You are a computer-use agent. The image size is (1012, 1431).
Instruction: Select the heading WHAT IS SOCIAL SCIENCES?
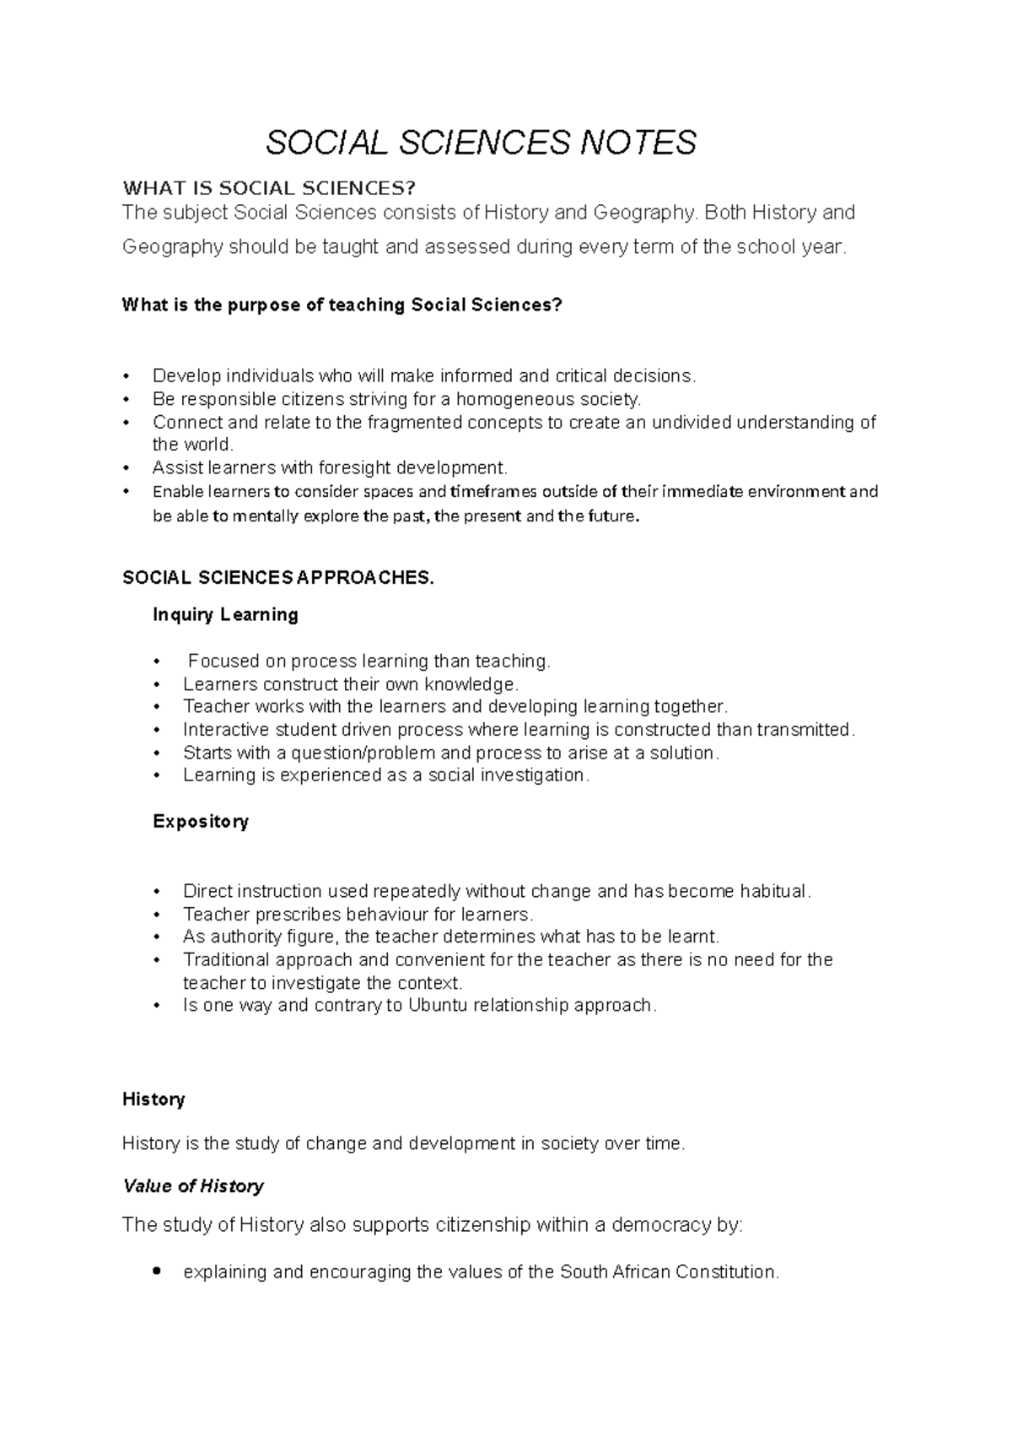269,187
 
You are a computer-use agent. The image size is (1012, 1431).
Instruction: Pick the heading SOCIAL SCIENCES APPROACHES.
279,578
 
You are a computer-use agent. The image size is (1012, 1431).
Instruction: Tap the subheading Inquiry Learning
225,614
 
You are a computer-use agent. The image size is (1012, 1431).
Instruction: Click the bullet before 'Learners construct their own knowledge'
157,684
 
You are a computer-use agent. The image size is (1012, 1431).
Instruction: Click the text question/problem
363,753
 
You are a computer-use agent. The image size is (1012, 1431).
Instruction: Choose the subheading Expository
201,821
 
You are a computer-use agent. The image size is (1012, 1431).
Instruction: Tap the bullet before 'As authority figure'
157,937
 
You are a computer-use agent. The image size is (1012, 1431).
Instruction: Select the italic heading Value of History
193,1186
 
